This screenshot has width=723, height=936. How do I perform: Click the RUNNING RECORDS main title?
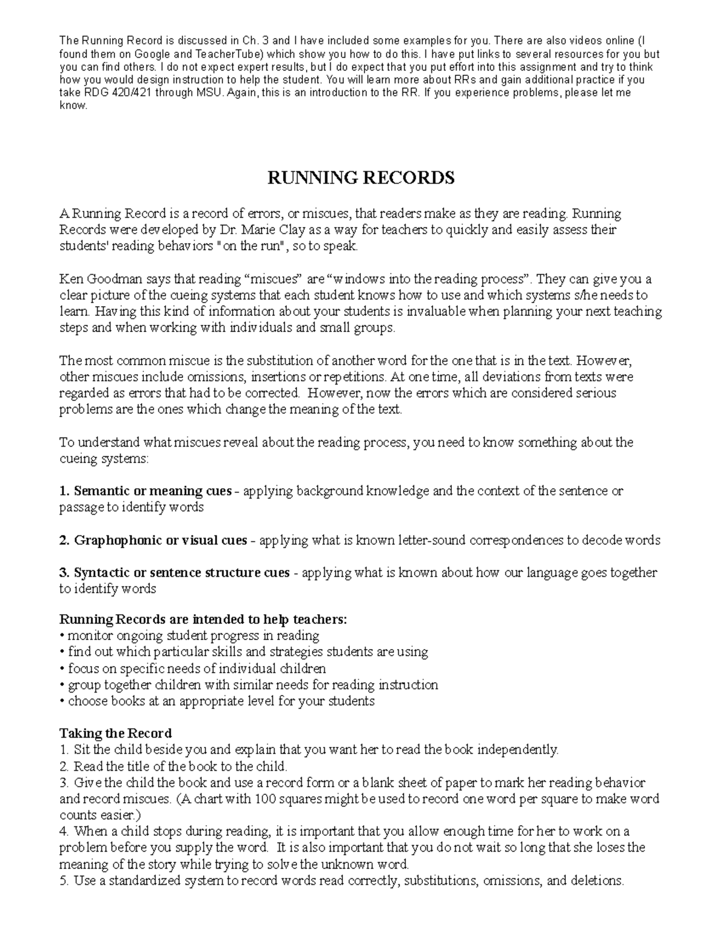(360, 178)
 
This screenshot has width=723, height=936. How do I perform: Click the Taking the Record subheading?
(115, 733)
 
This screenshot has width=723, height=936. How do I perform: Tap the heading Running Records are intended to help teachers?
(203, 620)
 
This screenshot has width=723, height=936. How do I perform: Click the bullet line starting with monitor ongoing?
(189, 636)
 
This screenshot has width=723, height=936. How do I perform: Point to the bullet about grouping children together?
(249, 685)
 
